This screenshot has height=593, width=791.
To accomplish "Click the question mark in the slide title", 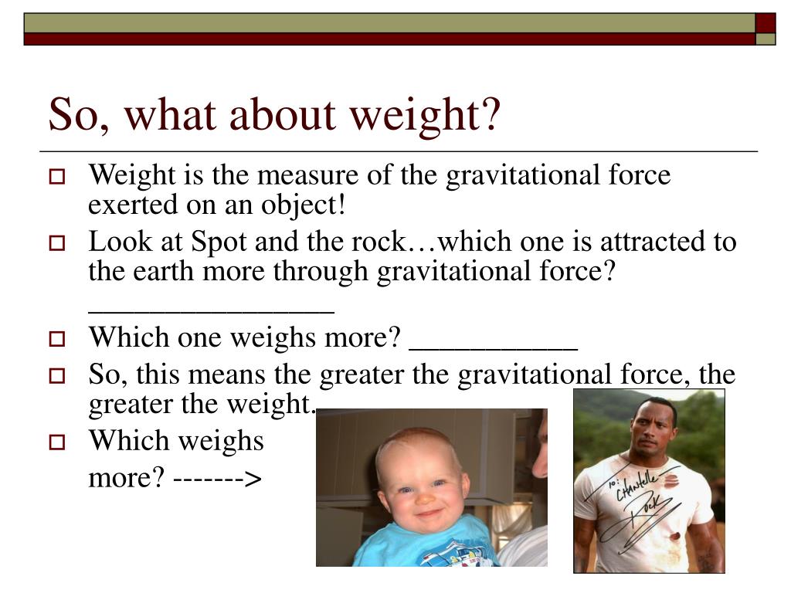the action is coord(487,113).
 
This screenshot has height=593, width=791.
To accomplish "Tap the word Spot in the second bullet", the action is coord(219,242).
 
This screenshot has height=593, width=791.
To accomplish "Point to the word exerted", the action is coord(133,205).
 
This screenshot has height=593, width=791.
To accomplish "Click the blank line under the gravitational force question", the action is coord(212,313).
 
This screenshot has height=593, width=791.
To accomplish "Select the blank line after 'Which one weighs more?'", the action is coord(494,348).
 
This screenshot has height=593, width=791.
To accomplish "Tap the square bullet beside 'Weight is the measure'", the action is coord(57,177).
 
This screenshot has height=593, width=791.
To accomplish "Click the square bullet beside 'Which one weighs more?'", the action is coord(57,339).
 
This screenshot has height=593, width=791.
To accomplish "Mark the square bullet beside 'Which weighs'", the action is coord(57,442).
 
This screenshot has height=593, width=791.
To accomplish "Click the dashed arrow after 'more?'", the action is coord(217,479).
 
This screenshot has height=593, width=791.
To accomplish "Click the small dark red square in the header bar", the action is coord(766,23).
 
